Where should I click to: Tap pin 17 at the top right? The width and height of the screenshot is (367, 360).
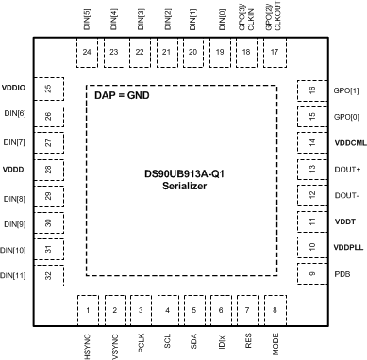275,52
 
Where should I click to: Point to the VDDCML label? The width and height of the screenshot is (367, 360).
348,142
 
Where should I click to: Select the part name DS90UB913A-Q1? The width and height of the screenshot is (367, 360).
183,173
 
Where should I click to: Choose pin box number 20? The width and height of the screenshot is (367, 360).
193,52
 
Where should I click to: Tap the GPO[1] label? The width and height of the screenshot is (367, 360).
345,90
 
